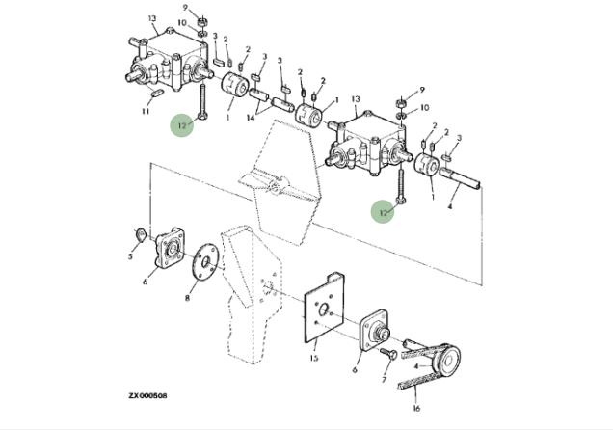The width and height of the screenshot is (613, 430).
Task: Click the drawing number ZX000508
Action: coord(147,395)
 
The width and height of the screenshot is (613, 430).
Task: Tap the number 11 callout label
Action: coord(146,112)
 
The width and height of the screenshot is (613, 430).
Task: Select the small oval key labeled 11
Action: coord(157,94)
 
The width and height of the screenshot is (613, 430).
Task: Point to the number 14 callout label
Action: coord(251,117)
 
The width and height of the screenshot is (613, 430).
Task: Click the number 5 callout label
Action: coord(130,256)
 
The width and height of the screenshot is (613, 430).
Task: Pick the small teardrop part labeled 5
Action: coord(141,235)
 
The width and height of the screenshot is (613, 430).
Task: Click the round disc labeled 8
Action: coord(204,262)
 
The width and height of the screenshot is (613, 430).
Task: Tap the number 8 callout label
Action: coord(187,298)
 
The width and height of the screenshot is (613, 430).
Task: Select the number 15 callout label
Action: coord(314,358)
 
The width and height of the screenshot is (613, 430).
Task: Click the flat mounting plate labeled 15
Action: coord(324,308)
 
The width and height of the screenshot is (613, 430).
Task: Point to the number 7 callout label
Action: coord(384,380)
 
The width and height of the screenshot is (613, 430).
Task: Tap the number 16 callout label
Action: coord(416,409)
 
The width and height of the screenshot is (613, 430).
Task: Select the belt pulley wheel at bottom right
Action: coord(446,359)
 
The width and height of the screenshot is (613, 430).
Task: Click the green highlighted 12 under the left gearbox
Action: coord(182,125)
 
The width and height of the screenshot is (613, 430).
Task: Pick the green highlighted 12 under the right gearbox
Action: coord(384,211)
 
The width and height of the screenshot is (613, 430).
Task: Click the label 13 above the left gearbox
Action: coord(152,18)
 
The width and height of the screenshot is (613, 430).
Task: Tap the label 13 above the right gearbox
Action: coord(356,99)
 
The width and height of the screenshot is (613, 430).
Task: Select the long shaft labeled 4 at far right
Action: coord(460,176)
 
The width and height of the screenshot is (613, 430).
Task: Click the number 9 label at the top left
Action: coord(185,7)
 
